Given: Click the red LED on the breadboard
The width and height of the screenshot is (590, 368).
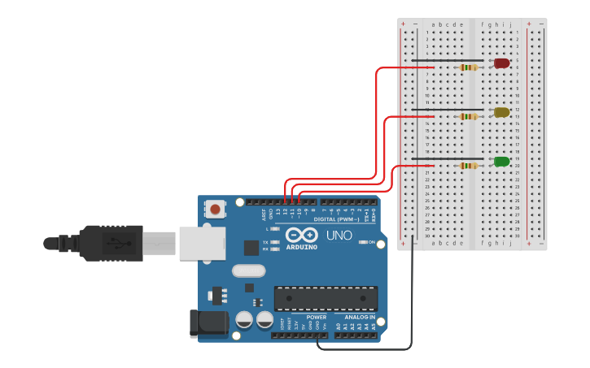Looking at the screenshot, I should tap(501, 63).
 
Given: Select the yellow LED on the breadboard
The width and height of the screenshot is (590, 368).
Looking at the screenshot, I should tap(501, 112).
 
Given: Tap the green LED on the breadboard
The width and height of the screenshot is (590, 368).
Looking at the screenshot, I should tap(501, 162).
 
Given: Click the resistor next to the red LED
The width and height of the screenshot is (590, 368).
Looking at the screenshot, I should tap(469, 67).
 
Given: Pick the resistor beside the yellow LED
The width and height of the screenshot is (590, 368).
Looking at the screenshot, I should tap(469, 116).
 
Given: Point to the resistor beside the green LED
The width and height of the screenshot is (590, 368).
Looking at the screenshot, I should tap(469, 166).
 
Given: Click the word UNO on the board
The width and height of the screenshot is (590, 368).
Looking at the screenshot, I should tap(339, 236).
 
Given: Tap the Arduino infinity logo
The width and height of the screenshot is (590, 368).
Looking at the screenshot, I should tap(300, 234).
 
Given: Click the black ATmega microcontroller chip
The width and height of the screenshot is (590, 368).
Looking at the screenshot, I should tap(326, 298).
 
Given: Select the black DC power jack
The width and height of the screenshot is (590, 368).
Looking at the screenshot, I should tap(208, 323).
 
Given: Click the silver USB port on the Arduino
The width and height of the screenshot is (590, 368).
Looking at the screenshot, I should tap(202, 243).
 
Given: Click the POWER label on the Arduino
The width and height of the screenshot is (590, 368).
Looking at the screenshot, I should tap(317, 317).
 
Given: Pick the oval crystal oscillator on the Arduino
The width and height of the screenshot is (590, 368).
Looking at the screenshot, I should tap(248, 271).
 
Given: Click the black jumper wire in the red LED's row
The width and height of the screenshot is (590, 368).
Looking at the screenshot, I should tap(448, 60).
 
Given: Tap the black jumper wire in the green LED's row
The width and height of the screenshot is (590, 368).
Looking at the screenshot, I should tap(448, 158).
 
